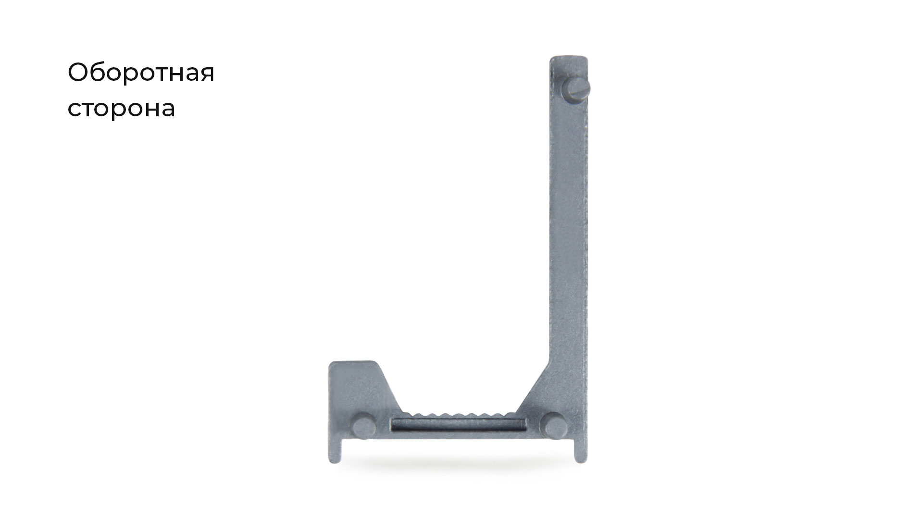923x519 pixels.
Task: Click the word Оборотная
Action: (141, 73)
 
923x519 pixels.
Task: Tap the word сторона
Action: (121, 109)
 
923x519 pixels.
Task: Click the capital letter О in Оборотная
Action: (78, 72)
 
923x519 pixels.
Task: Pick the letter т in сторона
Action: (91, 110)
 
